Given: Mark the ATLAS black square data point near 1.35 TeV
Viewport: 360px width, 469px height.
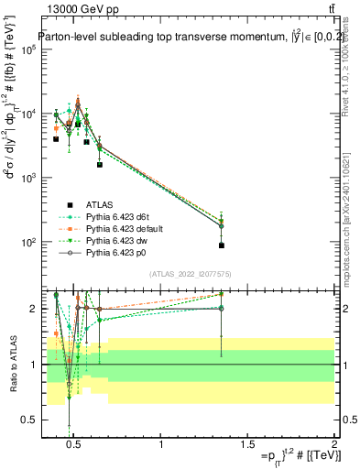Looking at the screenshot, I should [x=222, y=245].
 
